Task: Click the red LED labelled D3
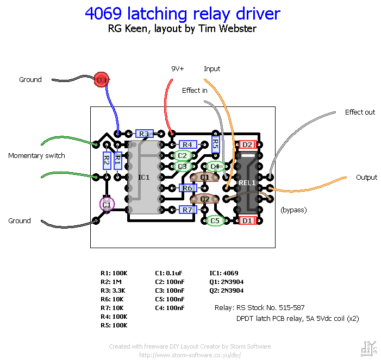pos(101,80)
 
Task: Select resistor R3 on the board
pos(143,134)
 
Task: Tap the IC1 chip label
pos(143,178)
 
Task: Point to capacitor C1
pos(107,205)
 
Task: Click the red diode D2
pos(247,144)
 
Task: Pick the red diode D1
pos(247,220)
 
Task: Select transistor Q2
pos(205,199)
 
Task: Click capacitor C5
pos(215,221)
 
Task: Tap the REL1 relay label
pos(247,183)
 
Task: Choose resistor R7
pos(188,210)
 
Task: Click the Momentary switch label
pos(36,156)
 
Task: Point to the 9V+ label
pos(178,69)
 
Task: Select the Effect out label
pos(360,112)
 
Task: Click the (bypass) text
pos(293,210)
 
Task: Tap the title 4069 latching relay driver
pos(183,14)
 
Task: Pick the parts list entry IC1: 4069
pos(223,273)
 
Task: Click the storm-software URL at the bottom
pos(190,355)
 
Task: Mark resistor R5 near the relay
pos(215,144)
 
